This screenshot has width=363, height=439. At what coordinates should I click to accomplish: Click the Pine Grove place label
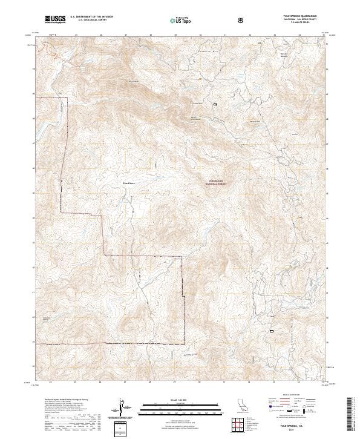129,181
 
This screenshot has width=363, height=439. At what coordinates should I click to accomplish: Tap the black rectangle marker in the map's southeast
272,331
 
